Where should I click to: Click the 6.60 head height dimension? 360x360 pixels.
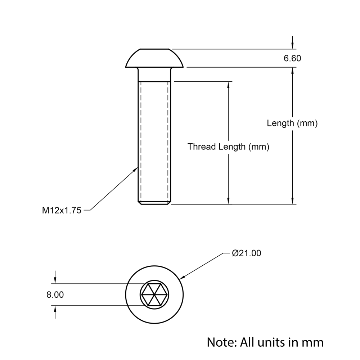point(292,58)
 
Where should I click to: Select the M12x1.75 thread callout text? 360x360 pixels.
point(62,211)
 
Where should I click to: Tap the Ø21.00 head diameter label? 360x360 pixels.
point(247,253)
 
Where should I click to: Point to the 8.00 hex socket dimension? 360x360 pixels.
point(55,295)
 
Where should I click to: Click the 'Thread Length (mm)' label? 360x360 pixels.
point(228,147)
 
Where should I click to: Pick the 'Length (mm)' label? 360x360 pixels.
point(292,123)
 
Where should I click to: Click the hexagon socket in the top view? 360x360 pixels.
point(154,294)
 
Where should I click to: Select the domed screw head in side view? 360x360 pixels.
point(154,58)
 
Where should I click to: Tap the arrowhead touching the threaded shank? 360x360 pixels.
point(136,169)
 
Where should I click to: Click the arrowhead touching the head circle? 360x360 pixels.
point(182,277)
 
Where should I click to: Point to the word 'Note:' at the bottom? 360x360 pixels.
point(221,342)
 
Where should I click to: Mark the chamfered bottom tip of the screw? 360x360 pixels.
point(154,203)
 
